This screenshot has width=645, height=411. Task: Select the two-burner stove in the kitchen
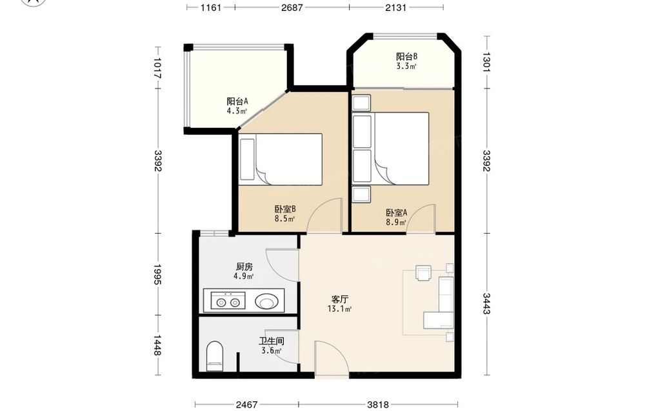(x=228, y=301)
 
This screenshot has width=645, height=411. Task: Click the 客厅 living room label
(x=340, y=299)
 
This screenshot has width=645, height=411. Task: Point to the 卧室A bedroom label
(x=396, y=213)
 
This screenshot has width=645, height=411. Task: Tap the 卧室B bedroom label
(x=285, y=209)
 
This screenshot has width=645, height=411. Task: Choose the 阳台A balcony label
(x=237, y=101)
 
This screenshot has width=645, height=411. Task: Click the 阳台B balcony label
(x=406, y=56)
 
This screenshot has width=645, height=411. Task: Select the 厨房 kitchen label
(x=244, y=266)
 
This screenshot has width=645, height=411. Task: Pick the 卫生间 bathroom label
(x=271, y=341)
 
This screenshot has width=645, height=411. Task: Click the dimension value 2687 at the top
(x=292, y=7)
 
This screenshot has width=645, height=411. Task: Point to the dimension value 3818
(x=378, y=405)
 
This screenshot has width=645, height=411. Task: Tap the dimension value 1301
(x=486, y=62)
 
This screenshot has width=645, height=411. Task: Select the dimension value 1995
(x=158, y=274)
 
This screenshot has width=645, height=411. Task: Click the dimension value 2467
(x=246, y=405)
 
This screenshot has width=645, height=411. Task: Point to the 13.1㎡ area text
(x=339, y=309)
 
